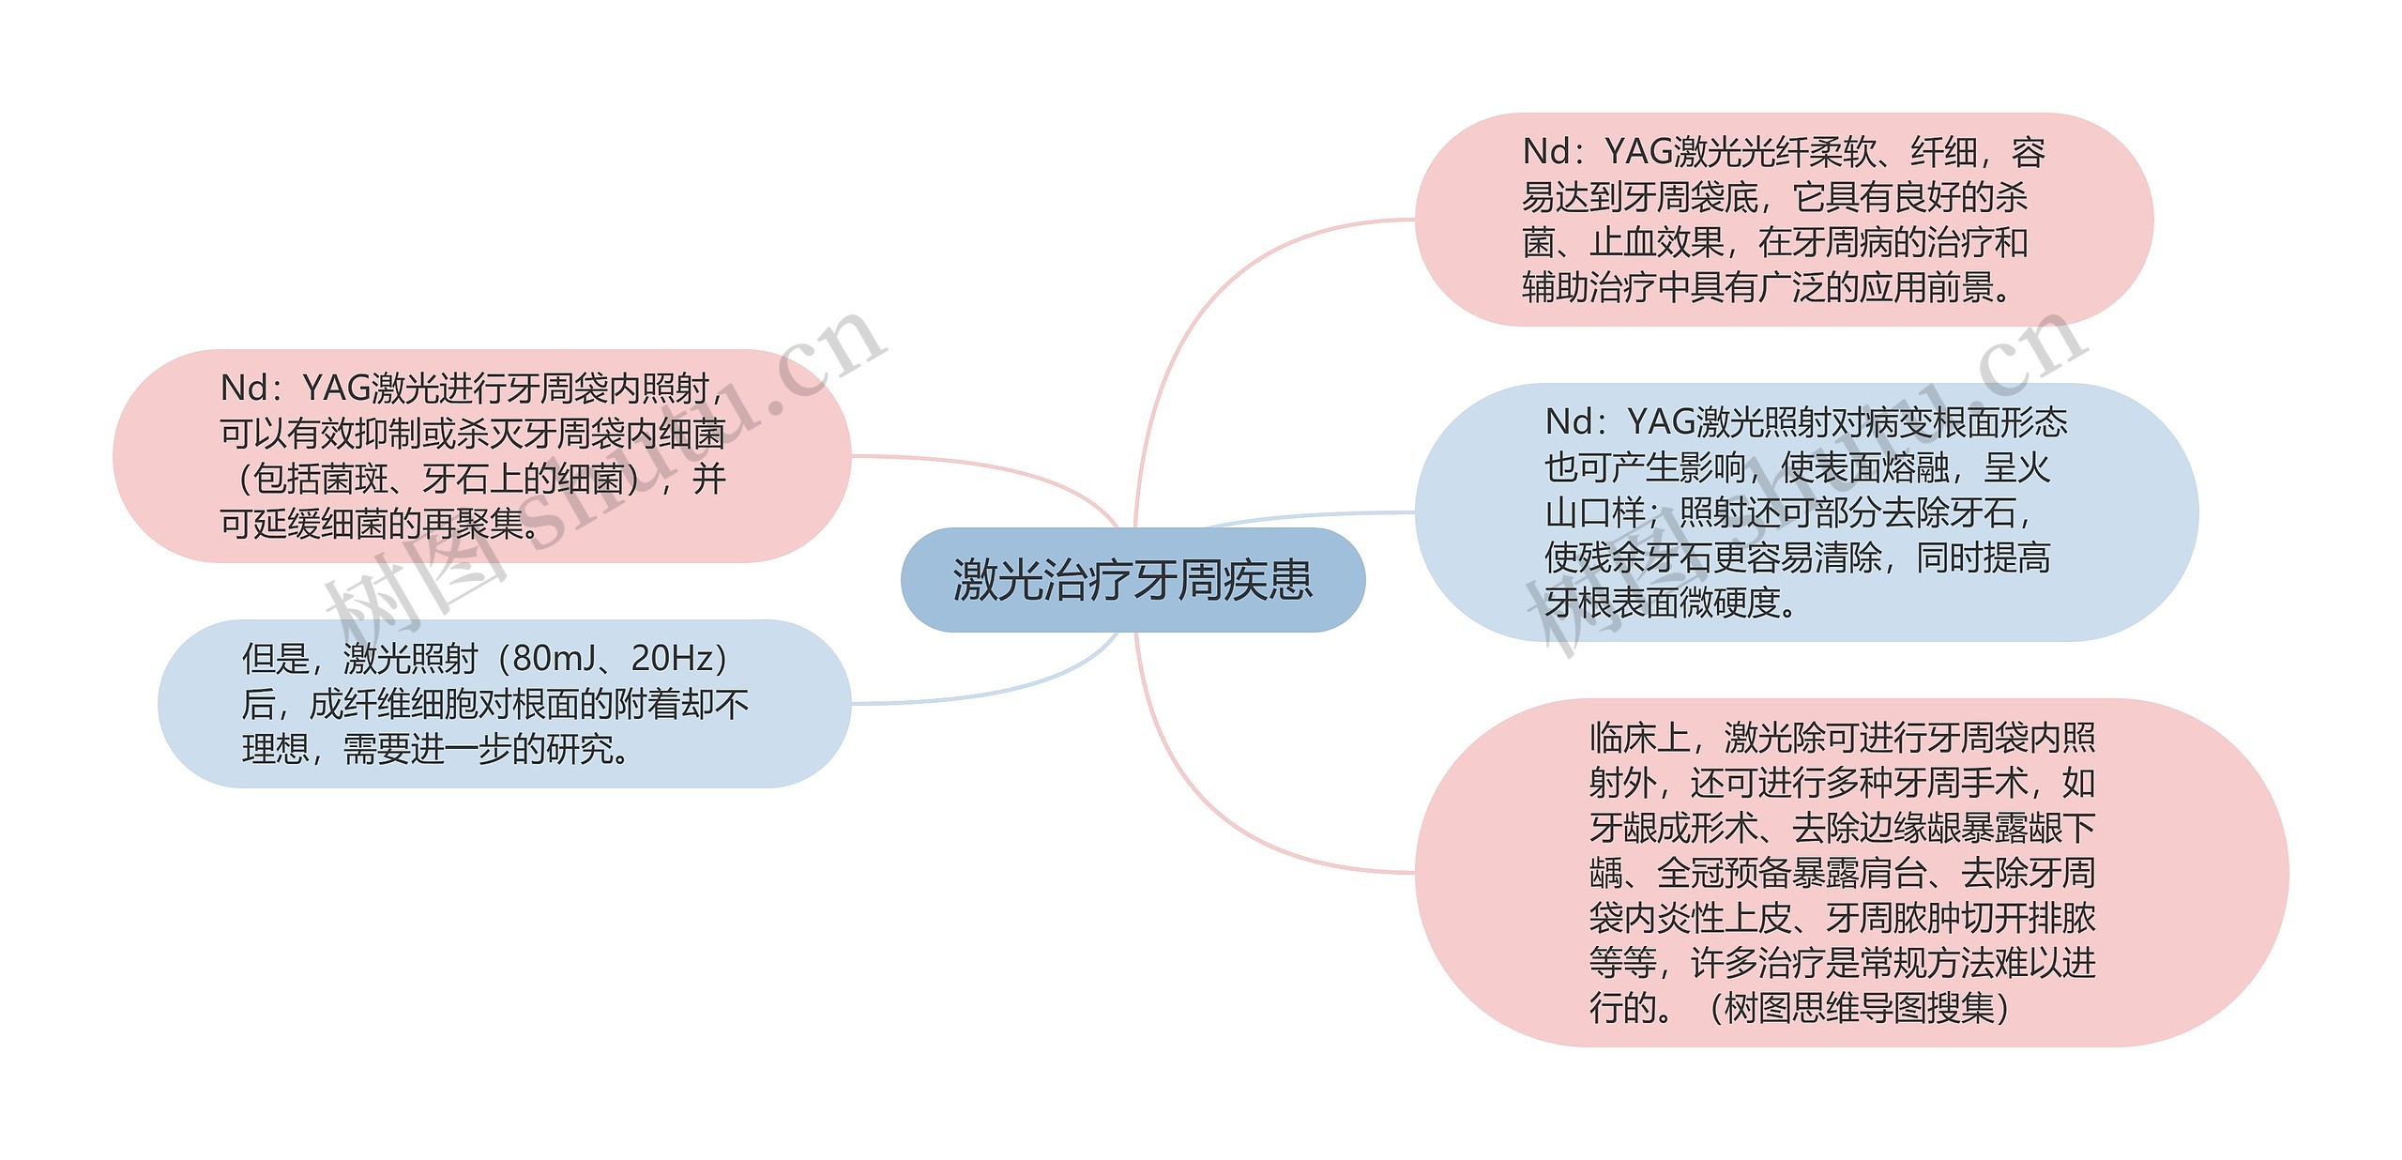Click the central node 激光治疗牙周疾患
[1133, 580]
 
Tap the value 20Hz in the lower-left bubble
[673, 659]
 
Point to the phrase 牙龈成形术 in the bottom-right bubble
[1673, 828]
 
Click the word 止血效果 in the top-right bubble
[1656, 242]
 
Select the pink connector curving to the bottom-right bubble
[1210, 807]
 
